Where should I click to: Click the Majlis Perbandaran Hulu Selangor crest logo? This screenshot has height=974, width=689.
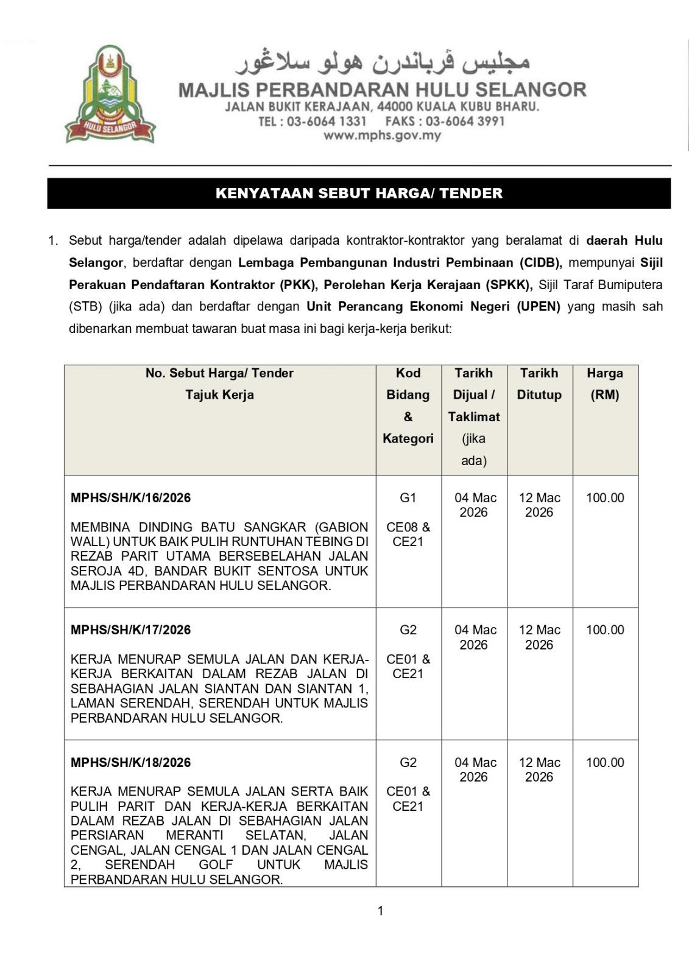click(x=110, y=94)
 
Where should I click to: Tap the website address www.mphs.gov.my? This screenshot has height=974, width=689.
click(x=382, y=136)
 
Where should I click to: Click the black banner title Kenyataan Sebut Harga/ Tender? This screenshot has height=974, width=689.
click(x=359, y=194)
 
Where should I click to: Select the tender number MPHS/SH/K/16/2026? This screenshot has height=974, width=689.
click(x=130, y=498)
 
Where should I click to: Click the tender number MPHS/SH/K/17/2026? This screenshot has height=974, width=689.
click(x=130, y=630)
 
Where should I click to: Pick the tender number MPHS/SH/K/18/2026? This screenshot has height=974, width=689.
click(x=130, y=763)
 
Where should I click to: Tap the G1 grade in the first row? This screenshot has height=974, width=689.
click(x=408, y=498)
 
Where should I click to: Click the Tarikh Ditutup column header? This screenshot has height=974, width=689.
click(x=539, y=384)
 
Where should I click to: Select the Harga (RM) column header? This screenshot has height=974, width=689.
click(x=604, y=384)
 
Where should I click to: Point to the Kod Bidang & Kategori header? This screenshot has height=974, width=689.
click(x=408, y=405)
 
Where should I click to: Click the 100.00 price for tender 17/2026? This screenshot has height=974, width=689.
click(x=604, y=630)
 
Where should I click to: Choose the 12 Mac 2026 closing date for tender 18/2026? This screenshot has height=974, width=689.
click(x=539, y=769)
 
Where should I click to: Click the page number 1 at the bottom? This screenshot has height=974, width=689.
click(x=381, y=911)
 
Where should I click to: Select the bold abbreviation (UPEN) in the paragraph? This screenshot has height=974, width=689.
click(x=539, y=307)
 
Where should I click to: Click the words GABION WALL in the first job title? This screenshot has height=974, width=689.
click(x=342, y=527)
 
